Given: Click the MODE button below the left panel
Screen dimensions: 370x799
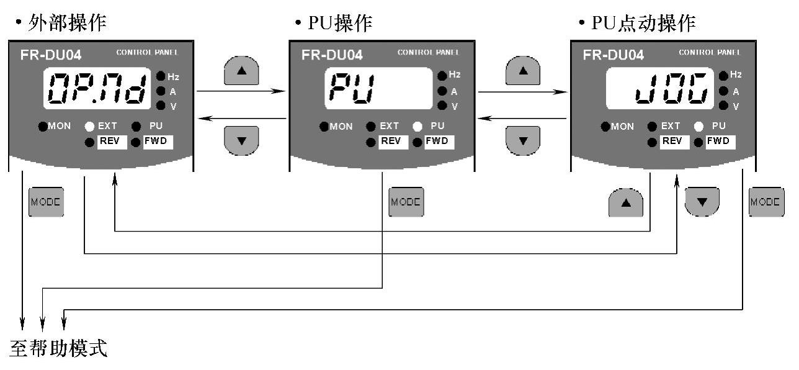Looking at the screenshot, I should click(47, 202).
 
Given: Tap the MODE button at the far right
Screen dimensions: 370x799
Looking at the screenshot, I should click(766, 202).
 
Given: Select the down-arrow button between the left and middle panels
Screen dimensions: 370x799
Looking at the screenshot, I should click(241, 140).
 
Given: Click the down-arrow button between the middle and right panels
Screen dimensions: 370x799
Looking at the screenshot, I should click(523, 140).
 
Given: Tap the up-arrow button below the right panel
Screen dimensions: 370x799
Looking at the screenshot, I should click(625, 202).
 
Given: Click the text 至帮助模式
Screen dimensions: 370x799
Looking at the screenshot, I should click(60, 348).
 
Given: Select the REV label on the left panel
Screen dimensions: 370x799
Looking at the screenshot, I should click(112, 142).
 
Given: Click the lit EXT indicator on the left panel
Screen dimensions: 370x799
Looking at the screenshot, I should click(90, 126).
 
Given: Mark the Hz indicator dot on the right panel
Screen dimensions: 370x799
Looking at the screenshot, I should click(723, 76).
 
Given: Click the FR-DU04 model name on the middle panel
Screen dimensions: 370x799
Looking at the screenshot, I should click(332, 54).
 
